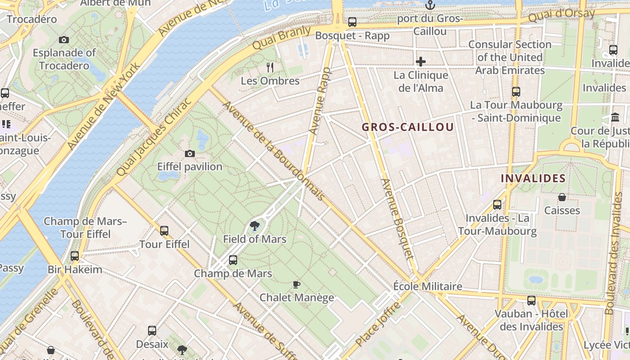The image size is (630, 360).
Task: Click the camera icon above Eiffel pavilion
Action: (x=190, y=153)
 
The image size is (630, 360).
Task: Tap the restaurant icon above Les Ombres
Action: (x=270, y=67)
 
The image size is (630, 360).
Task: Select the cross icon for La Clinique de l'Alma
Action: (x=421, y=61)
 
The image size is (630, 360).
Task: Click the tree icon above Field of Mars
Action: (x=255, y=225)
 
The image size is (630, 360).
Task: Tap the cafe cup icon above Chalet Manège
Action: (x=297, y=284)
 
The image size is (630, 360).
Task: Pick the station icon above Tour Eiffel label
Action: (x=164, y=231)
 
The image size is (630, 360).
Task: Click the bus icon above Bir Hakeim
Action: (x=75, y=256)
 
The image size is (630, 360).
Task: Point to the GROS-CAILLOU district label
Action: (x=408, y=127)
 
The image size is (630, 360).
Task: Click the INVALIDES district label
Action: (x=533, y=178)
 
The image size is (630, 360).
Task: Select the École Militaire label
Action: (x=427, y=287)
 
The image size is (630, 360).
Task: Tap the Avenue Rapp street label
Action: (x=320, y=101)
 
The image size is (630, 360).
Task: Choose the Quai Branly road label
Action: (x=281, y=38)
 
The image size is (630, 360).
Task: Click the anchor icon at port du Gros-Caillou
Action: (x=431, y=5)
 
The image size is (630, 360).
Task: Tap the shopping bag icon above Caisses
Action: (x=562, y=197)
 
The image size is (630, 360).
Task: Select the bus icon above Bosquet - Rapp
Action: (x=352, y=22)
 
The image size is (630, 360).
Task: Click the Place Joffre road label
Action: (x=378, y=324)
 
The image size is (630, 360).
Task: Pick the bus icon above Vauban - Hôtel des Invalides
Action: (x=531, y=301)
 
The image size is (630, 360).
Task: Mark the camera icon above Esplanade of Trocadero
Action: (x=64, y=40)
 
